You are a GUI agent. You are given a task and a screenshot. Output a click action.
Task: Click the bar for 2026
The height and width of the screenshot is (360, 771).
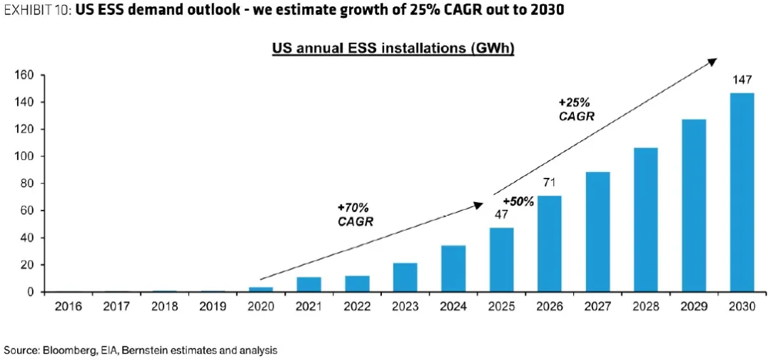pyautogui.click(x=550, y=244)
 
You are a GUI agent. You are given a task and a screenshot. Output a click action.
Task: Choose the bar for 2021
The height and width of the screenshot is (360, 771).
pyautogui.click(x=309, y=284)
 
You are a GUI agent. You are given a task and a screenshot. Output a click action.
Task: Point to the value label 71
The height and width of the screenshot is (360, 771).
pyautogui.click(x=549, y=184)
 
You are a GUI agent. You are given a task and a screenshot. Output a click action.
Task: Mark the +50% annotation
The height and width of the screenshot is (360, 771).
pyautogui.click(x=518, y=202)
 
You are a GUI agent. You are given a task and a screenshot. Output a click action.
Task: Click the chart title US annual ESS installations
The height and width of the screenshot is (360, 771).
pyautogui.click(x=393, y=49)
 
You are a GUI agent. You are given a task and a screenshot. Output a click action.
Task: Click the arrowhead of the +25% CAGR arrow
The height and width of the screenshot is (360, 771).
pyautogui.click(x=712, y=62)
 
